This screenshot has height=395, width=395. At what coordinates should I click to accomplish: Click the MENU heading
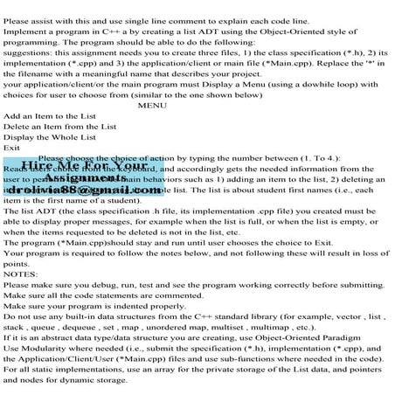click(x=152, y=105)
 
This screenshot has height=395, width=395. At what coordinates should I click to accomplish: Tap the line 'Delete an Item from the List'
click(x=59, y=127)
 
